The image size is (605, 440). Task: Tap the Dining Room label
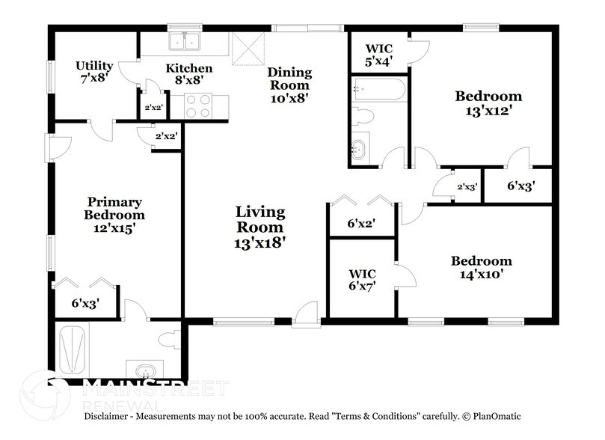(289, 85)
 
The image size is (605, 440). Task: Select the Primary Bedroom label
(114, 215)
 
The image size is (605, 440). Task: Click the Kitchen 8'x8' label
(188, 74)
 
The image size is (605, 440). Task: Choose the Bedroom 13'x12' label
(488, 103)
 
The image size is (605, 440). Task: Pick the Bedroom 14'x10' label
(481, 267)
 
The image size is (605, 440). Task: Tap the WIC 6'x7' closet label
(362, 279)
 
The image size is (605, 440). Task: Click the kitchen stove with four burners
(198, 106)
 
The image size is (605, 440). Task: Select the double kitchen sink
(183, 42)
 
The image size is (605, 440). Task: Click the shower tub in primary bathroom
(74, 350)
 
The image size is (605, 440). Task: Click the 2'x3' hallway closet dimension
(467, 186)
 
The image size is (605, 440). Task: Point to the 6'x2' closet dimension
(362, 223)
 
